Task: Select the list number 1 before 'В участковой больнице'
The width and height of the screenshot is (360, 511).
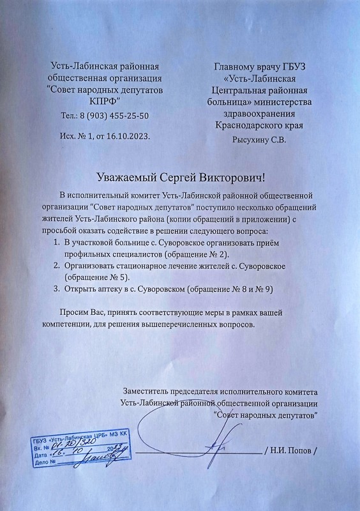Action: click(51, 243)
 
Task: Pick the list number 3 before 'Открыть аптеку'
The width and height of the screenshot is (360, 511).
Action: click(51, 289)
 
